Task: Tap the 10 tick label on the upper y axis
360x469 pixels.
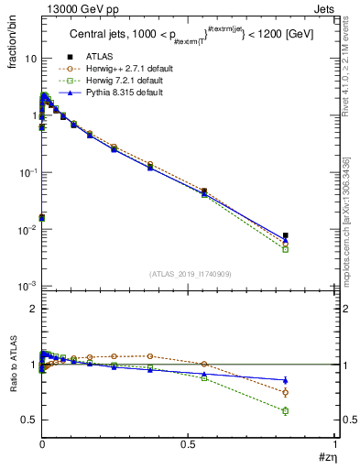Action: click(28, 59)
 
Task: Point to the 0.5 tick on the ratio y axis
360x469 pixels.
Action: click(28, 420)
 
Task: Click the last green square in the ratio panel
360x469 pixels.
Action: click(285, 410)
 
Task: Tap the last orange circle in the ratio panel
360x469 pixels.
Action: click(285, 392)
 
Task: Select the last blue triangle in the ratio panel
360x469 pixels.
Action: click(285, 379)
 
